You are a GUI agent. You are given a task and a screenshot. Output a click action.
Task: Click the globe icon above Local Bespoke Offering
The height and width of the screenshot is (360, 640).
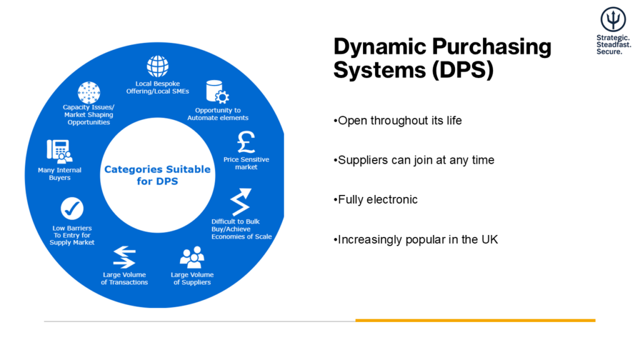click(157, 66)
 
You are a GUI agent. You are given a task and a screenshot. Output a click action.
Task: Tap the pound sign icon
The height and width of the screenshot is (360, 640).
click(246, 142)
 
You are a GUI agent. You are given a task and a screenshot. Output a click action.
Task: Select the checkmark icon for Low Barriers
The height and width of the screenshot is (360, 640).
click(72, 209)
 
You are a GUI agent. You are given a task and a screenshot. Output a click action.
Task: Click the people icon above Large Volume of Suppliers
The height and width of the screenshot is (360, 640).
click(192, 257)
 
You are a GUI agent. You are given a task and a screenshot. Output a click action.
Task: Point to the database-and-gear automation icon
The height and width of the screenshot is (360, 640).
click(217, 92)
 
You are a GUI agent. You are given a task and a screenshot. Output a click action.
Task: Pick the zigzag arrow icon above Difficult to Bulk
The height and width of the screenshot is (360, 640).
click(241, 202)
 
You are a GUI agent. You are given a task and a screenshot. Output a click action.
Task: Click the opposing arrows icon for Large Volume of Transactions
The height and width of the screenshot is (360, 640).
click(124, 257)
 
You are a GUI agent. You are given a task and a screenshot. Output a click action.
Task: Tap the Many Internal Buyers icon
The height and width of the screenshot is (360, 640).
click(59, 151)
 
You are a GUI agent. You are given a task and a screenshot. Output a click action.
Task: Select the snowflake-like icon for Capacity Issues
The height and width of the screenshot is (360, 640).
click(89, 92)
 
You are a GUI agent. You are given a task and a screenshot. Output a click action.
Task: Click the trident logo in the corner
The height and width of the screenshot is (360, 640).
click(613, 19)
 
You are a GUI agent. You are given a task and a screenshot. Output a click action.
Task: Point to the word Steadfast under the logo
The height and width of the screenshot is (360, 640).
click(614, 44)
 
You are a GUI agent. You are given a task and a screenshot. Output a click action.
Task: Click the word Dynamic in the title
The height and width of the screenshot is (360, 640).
click(380, 46)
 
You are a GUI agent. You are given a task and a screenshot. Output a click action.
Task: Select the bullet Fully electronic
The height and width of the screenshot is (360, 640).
click(376, 199)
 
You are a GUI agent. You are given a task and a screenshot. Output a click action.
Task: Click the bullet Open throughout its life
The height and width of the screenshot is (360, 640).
click(397, 121)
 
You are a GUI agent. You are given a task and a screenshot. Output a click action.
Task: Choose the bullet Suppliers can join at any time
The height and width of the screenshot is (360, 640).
click(414, 160)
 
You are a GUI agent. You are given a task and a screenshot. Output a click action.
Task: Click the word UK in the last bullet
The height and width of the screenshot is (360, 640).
click(490, 239)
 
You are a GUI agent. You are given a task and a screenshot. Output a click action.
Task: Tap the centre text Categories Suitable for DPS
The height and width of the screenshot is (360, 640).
click(157, 175)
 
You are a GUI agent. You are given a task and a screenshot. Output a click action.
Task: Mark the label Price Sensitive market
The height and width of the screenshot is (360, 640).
click(246, 163)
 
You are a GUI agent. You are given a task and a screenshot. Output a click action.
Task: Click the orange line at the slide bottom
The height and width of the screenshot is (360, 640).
click(476, 321)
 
